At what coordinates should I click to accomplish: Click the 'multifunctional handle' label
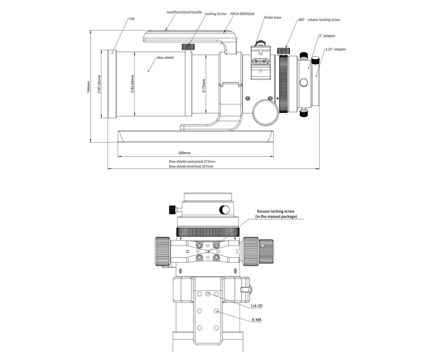click(x=184, y=12)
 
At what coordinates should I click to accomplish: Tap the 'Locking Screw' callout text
click(x=215, y=14)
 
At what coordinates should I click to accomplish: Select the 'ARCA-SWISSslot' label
click(x=242, y=14)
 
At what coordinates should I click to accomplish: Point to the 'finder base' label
click(x=272, y=18)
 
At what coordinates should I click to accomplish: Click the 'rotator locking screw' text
click(x=324, y=20)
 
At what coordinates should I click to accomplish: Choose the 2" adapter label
click(x=327, y=36)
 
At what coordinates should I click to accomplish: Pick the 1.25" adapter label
click(x=335, y=49)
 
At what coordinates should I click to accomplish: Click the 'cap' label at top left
click(x=131, y=18)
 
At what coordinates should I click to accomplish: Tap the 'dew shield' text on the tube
click(x=165, y=58)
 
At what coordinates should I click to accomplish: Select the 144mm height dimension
click(x=89, y=85)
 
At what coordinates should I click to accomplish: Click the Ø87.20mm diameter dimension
click(x=99, y=84)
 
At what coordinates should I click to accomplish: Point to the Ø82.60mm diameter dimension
click(x=132, y=84)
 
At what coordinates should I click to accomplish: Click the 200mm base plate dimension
click(x=184, y=153)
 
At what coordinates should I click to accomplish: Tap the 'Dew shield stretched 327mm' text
click(x=191, y=166)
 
